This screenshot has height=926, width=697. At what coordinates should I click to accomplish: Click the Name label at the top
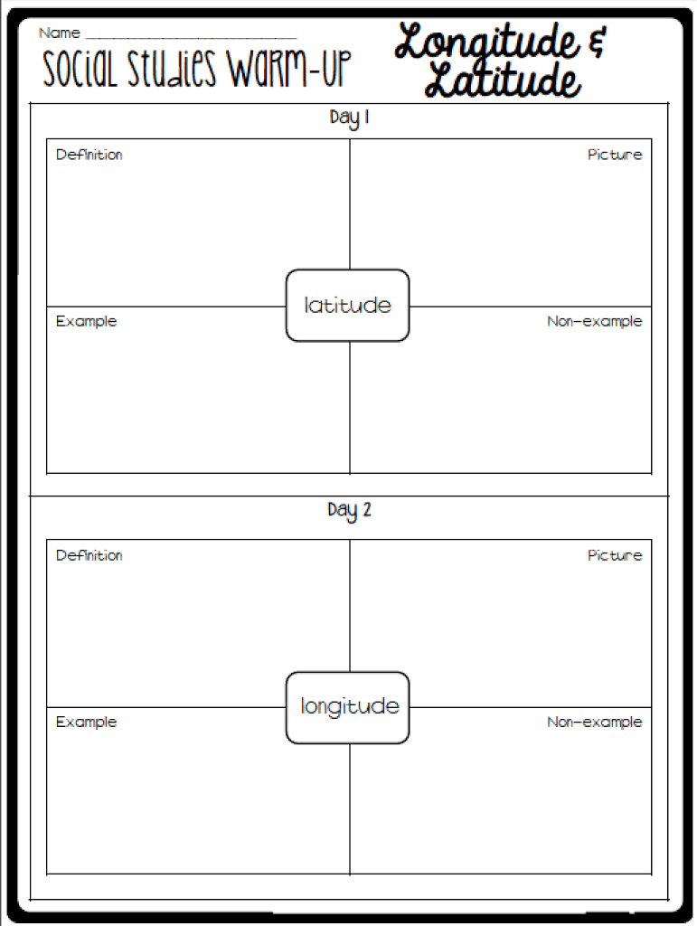coord(59,33)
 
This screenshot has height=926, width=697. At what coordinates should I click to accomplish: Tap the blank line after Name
coord(191,38)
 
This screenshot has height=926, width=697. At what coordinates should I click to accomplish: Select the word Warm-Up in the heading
coord(290,68)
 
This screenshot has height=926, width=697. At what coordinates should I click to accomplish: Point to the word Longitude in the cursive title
coord(487,43)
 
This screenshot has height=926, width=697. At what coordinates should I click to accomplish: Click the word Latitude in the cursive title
coord(503,80)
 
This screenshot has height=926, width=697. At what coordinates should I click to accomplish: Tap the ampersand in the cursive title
coord(597,42)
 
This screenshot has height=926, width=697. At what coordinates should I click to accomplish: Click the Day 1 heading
coord(349,118)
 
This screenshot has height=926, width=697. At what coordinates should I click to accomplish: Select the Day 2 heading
coord(349,510)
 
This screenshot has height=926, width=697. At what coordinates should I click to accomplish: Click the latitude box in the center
coord(348,306)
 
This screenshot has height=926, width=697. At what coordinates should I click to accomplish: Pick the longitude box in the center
coord(348,707)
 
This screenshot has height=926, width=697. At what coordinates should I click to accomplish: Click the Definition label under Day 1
coord(89,155)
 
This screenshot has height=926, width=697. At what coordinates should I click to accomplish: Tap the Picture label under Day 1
coord(615,155)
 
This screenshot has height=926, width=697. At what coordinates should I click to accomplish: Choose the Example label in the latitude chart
coord(86,322)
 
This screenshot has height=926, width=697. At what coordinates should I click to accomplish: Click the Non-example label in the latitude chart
coord(594,322)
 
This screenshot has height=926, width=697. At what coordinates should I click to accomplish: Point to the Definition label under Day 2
coord(89,556)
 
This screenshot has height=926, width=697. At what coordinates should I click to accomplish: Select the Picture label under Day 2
coord(615,556)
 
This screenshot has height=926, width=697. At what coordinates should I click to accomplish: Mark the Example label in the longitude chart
coord(86,723)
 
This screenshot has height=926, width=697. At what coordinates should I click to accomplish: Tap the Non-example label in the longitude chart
coord(594,723)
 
